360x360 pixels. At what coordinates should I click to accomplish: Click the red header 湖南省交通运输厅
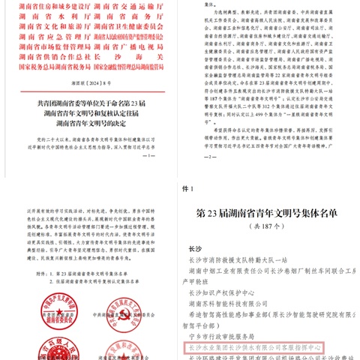[x=141, y=7]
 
